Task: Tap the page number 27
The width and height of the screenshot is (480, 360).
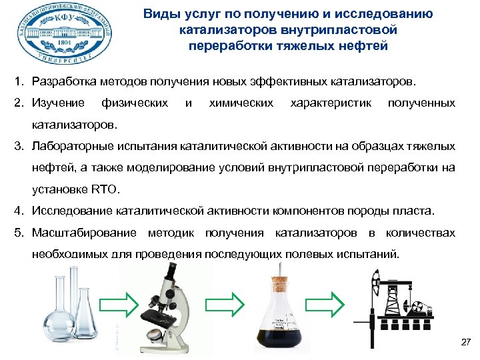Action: (465, 343)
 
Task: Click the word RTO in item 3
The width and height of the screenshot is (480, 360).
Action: (105, 189)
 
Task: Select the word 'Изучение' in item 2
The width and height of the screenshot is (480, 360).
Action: (57, 103)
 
